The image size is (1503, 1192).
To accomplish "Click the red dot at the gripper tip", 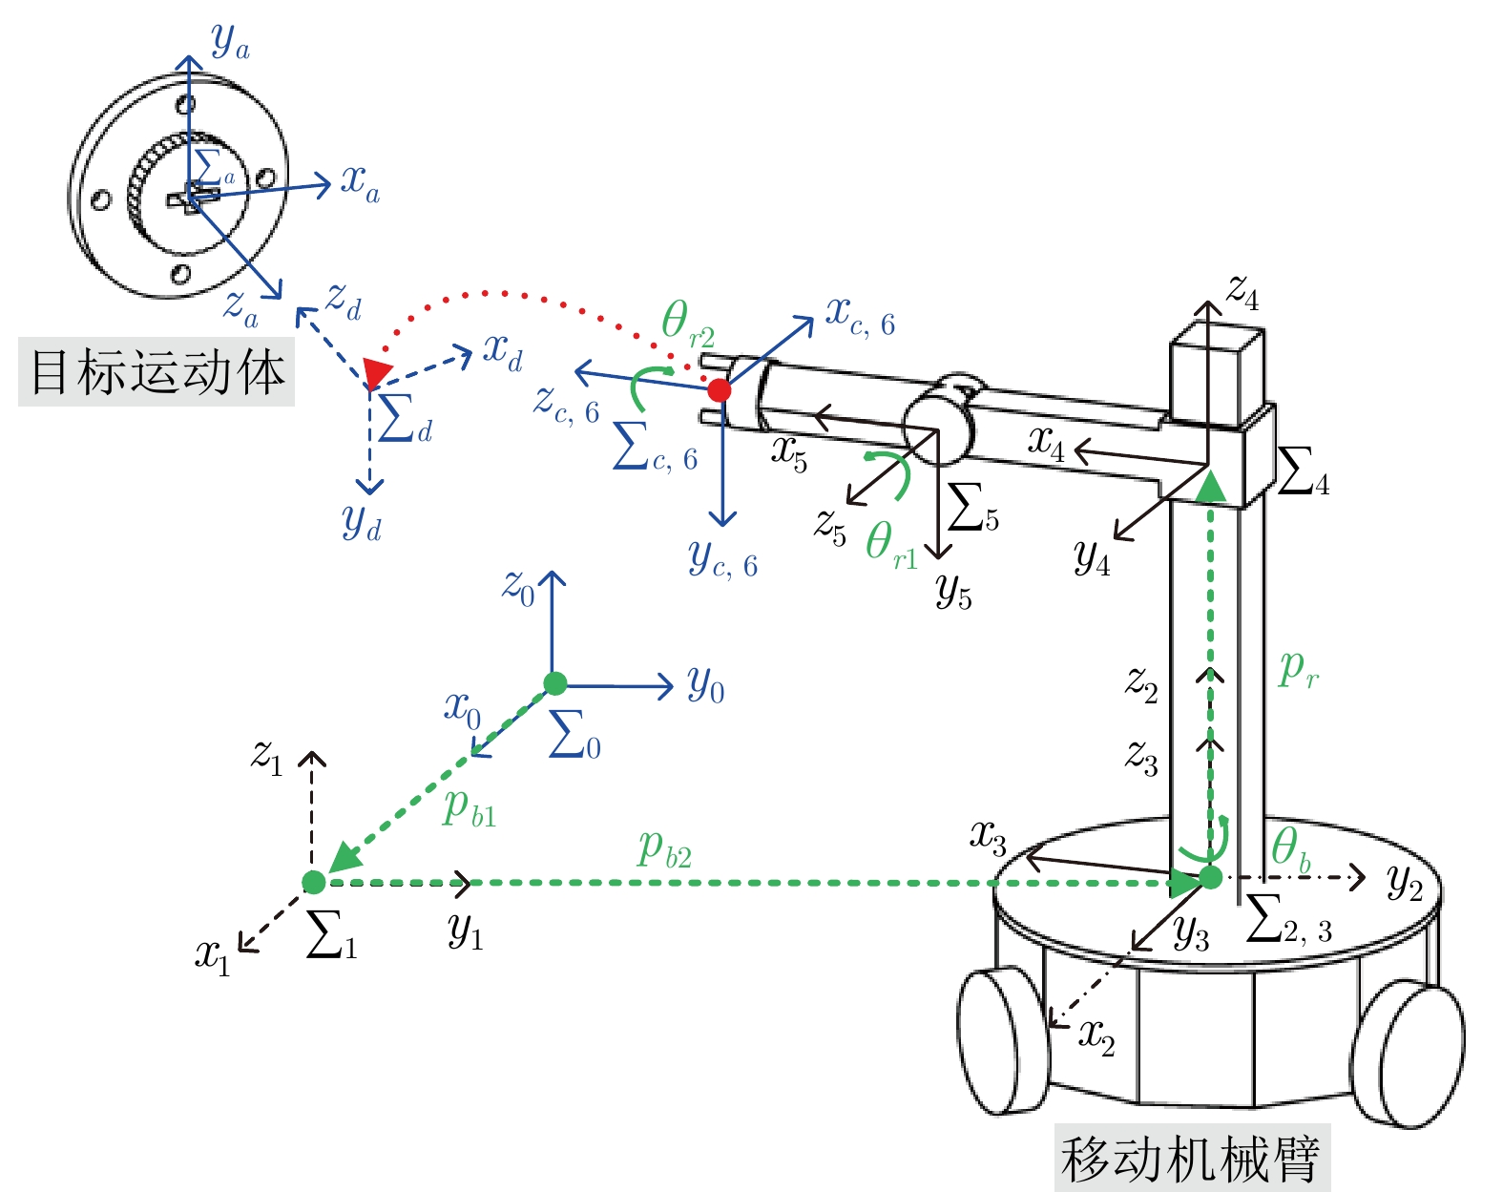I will (720, 389).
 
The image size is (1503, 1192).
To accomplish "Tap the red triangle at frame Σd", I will (377, 372).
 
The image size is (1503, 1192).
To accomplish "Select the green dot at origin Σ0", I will (555, 683).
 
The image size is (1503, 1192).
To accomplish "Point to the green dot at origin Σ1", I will (313, 882).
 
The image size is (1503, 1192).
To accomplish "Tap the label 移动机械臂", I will (1191, 1159).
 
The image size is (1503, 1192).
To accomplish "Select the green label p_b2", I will (664, 849).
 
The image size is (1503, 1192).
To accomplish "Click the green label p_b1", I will (470, 808).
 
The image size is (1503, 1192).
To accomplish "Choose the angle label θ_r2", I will (687, 324).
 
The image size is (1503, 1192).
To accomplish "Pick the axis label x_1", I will (213, 955).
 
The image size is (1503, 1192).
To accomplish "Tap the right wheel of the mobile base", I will (1408, 1055).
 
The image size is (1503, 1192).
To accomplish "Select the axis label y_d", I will (362, 522).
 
